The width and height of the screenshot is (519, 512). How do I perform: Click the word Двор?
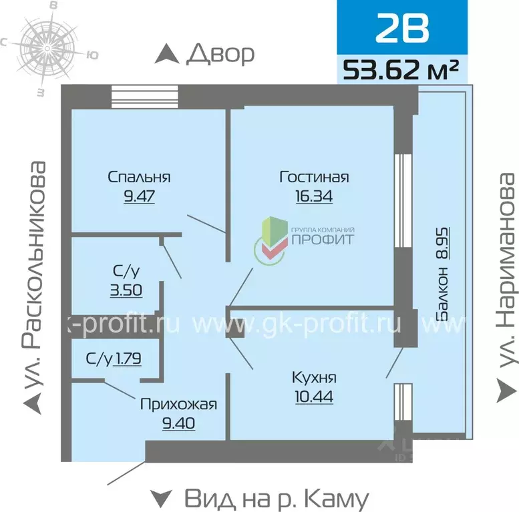point(221,53)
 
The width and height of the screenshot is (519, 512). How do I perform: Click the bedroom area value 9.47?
point(139,196)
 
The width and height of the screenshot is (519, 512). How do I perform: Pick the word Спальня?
point(139,177)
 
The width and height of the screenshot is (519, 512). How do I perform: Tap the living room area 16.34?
point(314,196)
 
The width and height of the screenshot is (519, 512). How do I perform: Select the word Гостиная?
point(314,177)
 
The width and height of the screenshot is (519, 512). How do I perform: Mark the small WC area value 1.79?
point(128,358)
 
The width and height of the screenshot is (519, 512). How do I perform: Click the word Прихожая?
point(178,404)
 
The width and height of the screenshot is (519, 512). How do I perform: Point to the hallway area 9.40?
point(178,423)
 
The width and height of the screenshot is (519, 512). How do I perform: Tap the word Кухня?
point(314,377)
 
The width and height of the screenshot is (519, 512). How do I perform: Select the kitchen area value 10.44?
point(314,397)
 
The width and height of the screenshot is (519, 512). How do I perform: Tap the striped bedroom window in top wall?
point(144,95)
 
